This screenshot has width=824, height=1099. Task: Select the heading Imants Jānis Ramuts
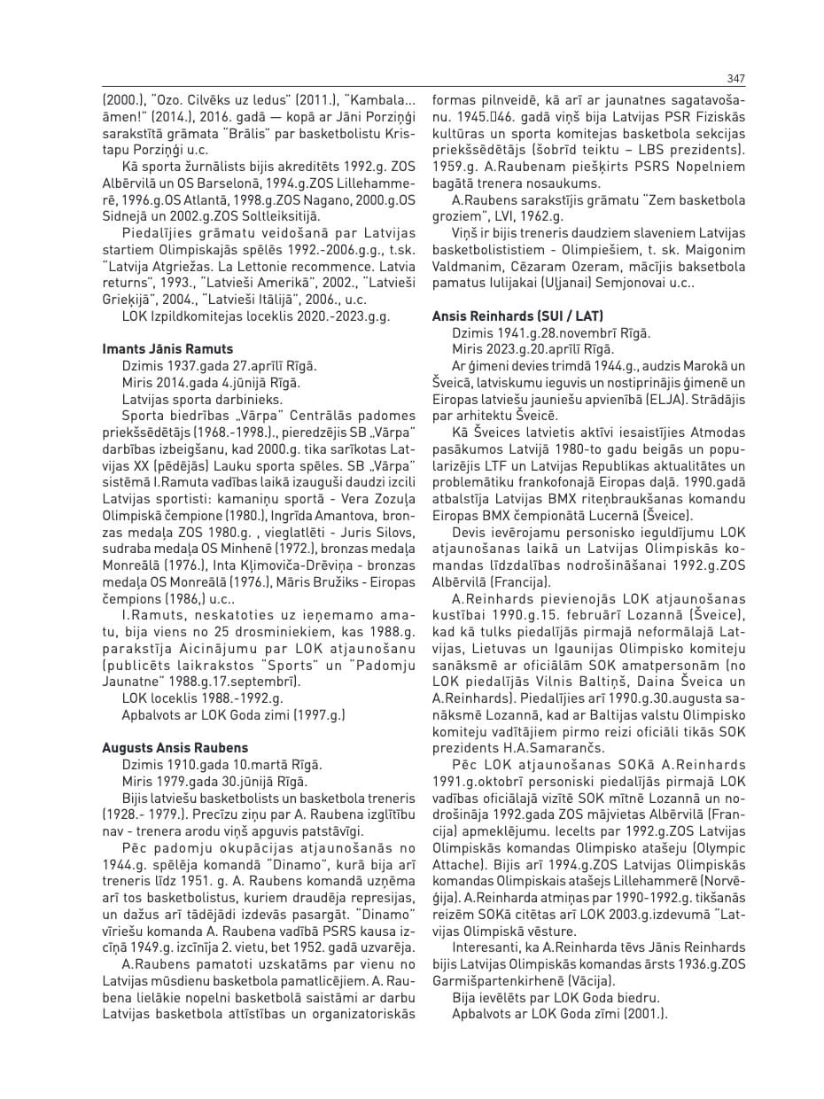pos(168,349)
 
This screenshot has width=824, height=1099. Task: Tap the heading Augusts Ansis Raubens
pos(175,748)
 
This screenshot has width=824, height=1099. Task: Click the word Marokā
pos(708,366)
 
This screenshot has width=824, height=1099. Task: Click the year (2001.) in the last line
pos(644,1014)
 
